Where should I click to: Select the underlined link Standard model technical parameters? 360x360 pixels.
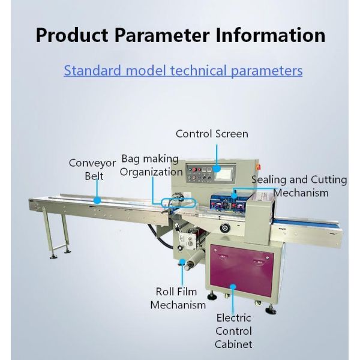(183, 70)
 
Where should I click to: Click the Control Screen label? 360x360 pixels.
(212, 134)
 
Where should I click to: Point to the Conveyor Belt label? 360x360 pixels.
(92, 169)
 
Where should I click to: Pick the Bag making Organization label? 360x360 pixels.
(149, 165)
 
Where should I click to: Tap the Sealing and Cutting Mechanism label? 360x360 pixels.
(299, 186)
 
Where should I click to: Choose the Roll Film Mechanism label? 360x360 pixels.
(178, 298)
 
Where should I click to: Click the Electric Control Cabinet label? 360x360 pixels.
(233, 331)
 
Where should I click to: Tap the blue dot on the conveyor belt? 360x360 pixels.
(97, 200)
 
